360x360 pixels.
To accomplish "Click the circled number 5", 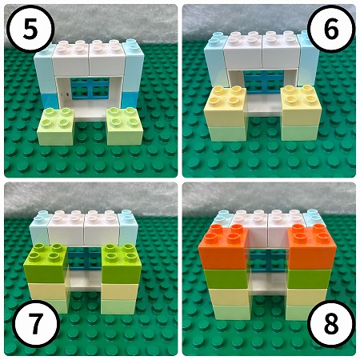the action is pyautogui.click(x=30, y=29).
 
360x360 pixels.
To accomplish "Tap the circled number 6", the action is pyautogui.click(x=331, y=29).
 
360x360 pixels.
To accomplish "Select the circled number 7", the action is pyautogui.click(x=36, y=323).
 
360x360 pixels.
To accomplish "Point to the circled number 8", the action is pyautogui.click(x=331, y=323).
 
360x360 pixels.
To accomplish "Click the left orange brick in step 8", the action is pyautogui.click(x=223, y=246).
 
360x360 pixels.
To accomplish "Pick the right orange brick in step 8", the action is pyautogui.click(x=311, y=246).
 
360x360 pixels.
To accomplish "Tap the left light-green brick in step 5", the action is pyautogui.click(x=56, y=126).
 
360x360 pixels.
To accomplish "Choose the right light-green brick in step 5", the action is pyautogui.click(x=125, y=126).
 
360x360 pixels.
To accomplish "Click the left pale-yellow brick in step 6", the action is pyautogui.click(x=225, y=106).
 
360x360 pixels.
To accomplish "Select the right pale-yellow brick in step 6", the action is pyautogui.click(x=300, y=106).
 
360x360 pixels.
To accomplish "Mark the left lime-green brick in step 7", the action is pyautogui.click(x=46, y=262).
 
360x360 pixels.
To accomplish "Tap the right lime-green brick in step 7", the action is pyautogui.click(x=122, y=263).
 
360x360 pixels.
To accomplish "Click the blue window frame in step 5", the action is pyautogui.click(x=90, y=88).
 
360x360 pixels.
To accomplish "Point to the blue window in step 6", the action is pyautogui.click(x=263, y=82).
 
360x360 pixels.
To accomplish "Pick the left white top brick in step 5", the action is pyautogui.click(x=70, y=58).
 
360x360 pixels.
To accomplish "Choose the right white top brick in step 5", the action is pyautogui.click(x=107, y=58).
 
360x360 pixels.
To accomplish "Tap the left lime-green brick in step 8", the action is pyautogui.click(x=226, y=278).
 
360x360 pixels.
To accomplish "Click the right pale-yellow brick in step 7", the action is pyautogui.click(x=120, y=291).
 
